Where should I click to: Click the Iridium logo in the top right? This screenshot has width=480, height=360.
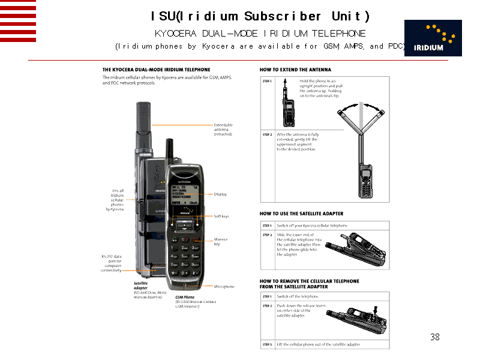coord(433,38)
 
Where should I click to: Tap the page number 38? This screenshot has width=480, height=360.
coord(435,337)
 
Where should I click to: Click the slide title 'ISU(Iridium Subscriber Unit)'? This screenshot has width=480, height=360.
coord(260,16)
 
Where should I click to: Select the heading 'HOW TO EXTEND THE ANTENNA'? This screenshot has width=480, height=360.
coord(295,70)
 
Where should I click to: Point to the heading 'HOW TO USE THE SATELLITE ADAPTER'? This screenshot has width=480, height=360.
coord(301,214)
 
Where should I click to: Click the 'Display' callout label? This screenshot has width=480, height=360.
coord(220,194)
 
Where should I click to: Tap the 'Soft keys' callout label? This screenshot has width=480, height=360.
coord(221,216)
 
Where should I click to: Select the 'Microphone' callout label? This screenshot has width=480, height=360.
coord(224,287)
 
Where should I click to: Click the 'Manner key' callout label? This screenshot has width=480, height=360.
coord(221,242)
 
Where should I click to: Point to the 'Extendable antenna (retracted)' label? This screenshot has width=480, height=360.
coord(223,130)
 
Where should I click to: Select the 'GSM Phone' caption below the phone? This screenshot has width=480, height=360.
coord(184,297)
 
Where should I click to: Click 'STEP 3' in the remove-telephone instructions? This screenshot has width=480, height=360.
coord(267,344)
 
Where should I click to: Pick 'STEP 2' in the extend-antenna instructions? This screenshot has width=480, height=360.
coord(267,134)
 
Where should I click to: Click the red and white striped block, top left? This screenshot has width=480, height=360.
coord(18,20)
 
